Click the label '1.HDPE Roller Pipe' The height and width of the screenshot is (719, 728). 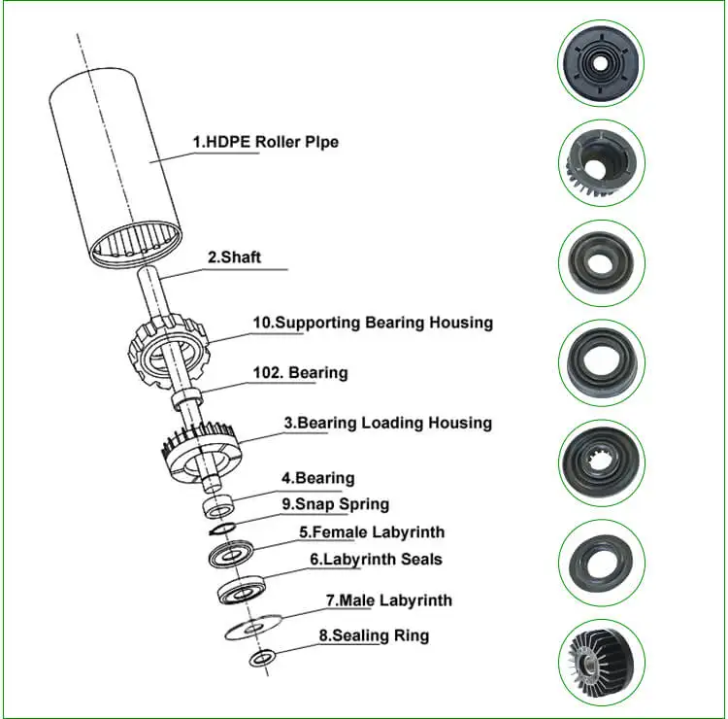tap(265, 143)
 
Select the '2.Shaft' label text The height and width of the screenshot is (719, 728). tap(234, 258)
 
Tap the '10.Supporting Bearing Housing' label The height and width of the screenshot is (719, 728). tap(372, 323)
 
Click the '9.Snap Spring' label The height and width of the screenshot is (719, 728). tap(335, 504)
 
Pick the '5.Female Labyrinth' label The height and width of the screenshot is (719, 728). tap(371, 532)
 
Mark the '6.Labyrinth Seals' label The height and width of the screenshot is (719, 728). tap(376, 560)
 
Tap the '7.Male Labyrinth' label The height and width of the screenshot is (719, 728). tap(388, 600)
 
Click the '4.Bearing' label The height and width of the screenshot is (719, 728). tap(317, 478)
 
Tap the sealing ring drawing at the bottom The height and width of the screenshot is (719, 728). tap(260, 660)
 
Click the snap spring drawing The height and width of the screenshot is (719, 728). tap(221, 530)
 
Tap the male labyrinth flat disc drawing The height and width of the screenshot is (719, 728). tap(252, 628)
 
